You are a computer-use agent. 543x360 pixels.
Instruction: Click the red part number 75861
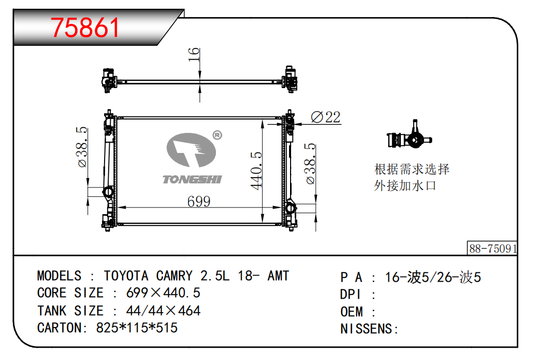click(x=85, y=27)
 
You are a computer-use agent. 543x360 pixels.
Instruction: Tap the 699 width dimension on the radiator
click(x=199, y=201)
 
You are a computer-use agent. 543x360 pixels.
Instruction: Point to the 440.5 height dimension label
click(x=256, y=170)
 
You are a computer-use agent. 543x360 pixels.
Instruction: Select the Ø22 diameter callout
click(x=326, y=117)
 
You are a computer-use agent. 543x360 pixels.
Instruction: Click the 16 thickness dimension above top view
click(x=194, y=55)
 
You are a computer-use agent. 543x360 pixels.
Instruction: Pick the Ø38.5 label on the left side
click(x=82, y=147)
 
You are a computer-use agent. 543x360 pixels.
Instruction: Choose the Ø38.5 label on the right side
click(x=310, y=163)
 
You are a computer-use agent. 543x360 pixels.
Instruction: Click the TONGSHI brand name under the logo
click(x=192, y=179)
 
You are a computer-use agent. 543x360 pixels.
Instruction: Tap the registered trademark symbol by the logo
click(x=217, y=135)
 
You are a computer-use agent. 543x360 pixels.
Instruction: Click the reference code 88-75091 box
click(x=492, y=248)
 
